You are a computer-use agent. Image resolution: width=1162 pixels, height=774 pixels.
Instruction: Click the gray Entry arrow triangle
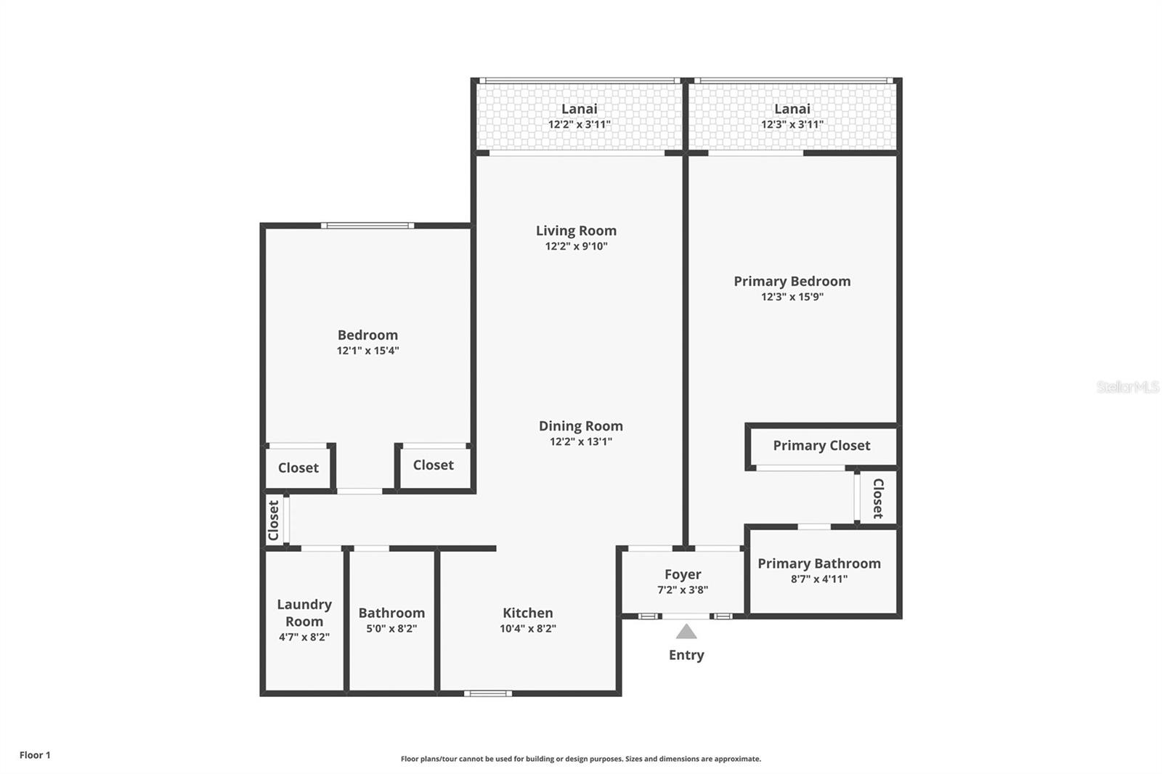[x=686, y=632]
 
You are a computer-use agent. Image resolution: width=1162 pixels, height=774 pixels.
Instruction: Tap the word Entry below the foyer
[x=686, y=655]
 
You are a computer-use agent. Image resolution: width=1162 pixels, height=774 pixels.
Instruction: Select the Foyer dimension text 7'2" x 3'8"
[x=683, y=590]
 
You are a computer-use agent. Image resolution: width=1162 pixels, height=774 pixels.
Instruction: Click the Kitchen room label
[x=527, y=613]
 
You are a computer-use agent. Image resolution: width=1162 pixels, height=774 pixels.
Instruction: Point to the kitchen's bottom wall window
[x=488, y=693]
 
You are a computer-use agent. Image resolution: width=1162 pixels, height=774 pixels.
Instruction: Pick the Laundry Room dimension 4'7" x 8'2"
[x=304, y=637]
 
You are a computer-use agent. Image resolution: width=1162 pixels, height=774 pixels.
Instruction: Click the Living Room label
[x=577, y=230]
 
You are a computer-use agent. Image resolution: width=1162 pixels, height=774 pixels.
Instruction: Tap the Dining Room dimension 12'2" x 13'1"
[x=581, y=441]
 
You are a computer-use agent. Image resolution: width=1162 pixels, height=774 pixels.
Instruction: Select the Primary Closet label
[x=821, y=446]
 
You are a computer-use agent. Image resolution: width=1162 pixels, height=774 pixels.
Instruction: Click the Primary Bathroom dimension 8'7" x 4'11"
[x=819, y=579]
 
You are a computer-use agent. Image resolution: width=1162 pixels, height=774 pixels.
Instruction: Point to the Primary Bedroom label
[x=792, y=281]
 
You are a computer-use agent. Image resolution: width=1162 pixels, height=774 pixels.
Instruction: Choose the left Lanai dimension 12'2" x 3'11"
[x=580, y=124]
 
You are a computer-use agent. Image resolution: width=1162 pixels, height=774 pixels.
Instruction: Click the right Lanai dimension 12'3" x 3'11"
[x=792, y=124]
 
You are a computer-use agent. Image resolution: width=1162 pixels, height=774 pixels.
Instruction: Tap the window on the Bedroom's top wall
[x=367, y=226]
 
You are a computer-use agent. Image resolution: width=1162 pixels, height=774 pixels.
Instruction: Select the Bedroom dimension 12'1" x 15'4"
[x=367, y=351]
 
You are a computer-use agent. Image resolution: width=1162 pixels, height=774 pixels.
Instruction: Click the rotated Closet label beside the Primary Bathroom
[x=878, y=499]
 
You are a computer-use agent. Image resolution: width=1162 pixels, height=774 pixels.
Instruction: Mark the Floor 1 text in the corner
[x=36, y=755]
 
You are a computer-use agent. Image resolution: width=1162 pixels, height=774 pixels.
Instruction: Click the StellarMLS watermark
[x=1128, y=387]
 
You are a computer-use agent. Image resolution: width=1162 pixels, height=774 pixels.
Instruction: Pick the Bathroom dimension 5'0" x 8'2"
[x=391, y=629]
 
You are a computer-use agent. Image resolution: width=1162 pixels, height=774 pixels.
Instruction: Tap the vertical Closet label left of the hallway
[x=273, y=521]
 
